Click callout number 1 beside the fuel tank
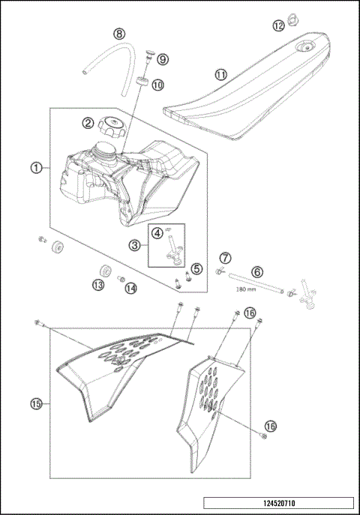click(36, 168)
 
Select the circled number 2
click(88, 123)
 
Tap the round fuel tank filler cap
click(112, 124)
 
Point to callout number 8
click(118, 34)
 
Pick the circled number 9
click(163, 59)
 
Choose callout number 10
click(157, 85)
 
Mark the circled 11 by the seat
click(220, 75)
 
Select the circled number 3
click(134, 244)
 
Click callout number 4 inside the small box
click(157, 233)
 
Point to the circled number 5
click(196, 268)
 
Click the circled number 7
click(224, 259)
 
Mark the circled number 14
click(131, 288)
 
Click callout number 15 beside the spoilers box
click(36, 404)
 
